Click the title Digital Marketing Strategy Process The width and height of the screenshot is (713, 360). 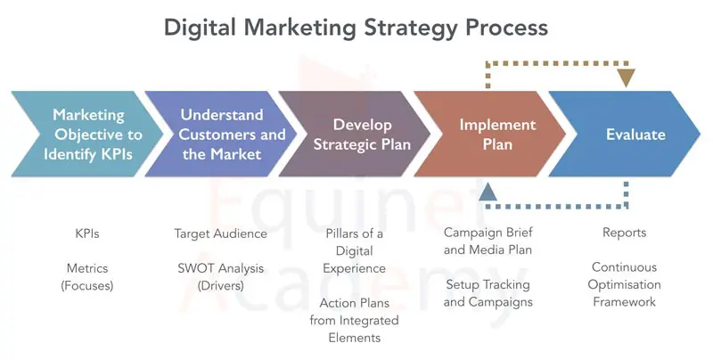[356, 28]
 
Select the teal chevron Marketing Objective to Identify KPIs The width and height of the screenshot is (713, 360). [87, 134]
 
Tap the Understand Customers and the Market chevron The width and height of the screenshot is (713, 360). [221, 134]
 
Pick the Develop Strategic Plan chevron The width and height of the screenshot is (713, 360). [355, 134]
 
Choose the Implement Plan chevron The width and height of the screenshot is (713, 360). [490, 134]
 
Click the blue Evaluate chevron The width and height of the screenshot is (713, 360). [625, 134]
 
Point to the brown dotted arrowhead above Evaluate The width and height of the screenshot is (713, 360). [627, 78]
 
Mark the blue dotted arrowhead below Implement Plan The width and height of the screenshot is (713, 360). [488, 192]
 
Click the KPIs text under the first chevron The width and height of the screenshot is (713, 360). [87, 233]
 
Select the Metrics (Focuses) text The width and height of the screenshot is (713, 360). [87, 277]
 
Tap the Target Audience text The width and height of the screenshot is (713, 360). [220, 233]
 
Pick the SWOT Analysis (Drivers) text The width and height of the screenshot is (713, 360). [220, 277]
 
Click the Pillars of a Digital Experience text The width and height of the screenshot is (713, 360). [354, 251]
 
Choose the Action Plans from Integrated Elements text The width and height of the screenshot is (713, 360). [354, 321]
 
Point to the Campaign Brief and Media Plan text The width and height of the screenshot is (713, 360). [488, 241]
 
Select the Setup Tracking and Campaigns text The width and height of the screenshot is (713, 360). [488, 293]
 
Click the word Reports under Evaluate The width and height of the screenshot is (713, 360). [625, 233]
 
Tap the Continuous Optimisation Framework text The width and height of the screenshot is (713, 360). [625, 284]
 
